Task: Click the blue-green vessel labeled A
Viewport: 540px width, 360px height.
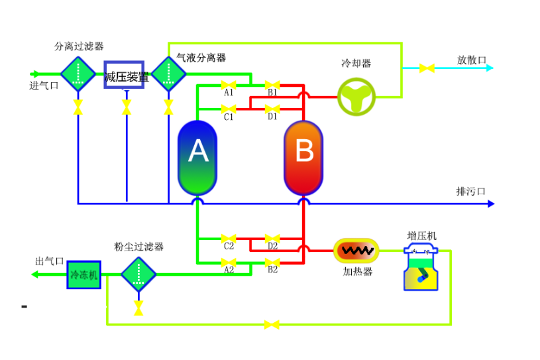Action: pos(197,157)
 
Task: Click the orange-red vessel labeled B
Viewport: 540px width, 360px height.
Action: pos(303,157)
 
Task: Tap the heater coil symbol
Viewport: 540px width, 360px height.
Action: pos(356,251)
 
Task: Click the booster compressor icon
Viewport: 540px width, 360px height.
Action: pos(421,268)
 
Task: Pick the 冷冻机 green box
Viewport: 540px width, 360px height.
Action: pos(83,274)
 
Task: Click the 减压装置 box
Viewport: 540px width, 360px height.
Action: pos(124,76)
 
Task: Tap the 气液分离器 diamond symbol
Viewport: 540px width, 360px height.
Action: pos(169,74)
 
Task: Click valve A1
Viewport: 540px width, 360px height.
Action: pos(229,85)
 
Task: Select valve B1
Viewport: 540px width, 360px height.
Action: pos(272,85)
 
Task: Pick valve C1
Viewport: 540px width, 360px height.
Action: pos(229,108)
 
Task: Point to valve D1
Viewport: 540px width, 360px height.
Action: pos(272,108)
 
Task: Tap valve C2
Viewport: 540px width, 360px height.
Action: pos(229,238)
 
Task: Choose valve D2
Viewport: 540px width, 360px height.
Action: pos(272,238)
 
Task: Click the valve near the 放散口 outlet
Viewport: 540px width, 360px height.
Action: pos(427,68)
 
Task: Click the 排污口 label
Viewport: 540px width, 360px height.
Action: pos(471,192)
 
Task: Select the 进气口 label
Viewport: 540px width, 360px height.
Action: pos(44,85)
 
